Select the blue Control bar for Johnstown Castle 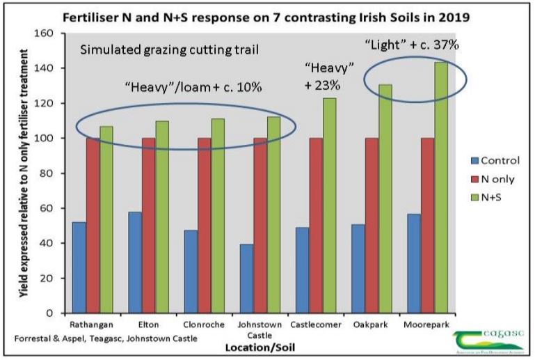point(246,279)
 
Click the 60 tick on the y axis point(47,208)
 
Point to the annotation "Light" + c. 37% point(413,45)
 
